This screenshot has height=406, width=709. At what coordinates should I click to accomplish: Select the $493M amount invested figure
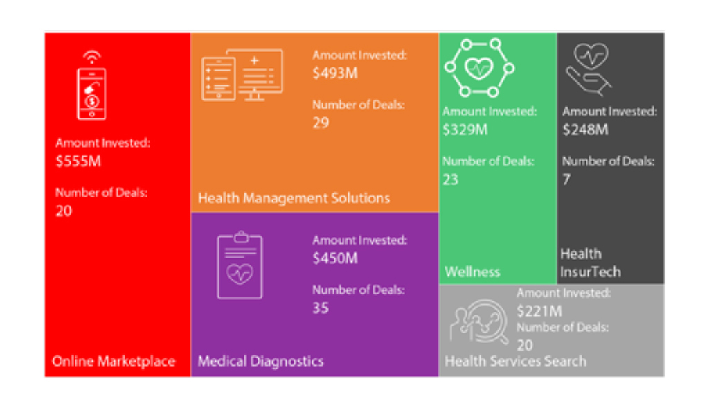pos(335,73)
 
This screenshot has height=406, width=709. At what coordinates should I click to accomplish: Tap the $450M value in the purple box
pos(335,258)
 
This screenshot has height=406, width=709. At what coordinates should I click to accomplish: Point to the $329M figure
pos(465,129)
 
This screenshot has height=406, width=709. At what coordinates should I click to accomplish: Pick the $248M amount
pos(585,129)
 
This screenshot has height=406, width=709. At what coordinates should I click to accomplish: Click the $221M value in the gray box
pos(539,310)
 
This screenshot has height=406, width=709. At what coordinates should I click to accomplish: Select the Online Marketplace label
pos(114,361)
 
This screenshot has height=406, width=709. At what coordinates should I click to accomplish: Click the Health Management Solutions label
pos(294,198)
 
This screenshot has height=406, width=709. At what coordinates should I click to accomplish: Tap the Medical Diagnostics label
pos(260,361)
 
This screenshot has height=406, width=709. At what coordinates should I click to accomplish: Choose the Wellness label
pos(472,271)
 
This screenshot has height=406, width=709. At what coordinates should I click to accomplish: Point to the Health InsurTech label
pos(590,263)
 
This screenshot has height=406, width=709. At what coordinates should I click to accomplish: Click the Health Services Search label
pos(515,361)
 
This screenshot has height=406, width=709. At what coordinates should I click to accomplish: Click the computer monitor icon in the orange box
pos(242,75)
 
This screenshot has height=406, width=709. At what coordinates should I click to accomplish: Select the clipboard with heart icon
pos(240,266)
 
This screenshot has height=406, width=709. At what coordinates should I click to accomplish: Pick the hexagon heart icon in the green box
pos(478,68)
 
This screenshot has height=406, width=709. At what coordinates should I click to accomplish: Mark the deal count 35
pos(321,308)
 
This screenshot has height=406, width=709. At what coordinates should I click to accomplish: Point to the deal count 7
pos(566,179)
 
